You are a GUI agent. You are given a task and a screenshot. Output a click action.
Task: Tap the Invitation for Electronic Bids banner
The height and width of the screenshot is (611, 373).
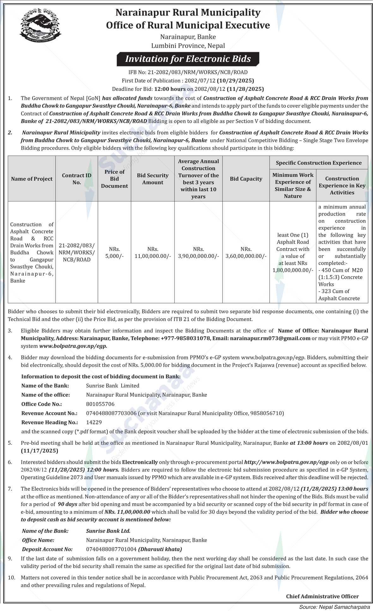click(x=188, y=59)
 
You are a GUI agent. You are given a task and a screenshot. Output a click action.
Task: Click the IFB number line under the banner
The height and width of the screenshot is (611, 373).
click(x=188, y=72)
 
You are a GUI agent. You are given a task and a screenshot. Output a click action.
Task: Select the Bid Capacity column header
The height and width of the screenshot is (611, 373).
click(x=246, y=179)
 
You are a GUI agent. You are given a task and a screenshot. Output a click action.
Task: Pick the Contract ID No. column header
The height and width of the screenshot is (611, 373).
click(x=77, y=179)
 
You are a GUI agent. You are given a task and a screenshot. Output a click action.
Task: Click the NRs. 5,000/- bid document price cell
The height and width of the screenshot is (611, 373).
click(x=114, y=253)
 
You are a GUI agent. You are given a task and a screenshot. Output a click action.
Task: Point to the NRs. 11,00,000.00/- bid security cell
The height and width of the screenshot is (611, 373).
click(x=153, y=253)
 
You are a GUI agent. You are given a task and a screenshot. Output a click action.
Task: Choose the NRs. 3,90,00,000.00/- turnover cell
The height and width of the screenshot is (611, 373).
click(x=198, y=253)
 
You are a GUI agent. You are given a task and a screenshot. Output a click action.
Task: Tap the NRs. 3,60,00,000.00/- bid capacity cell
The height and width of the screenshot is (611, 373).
click(x=246, y=253)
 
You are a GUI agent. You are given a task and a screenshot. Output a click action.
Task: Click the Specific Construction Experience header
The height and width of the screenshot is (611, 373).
click(x=318, y=163)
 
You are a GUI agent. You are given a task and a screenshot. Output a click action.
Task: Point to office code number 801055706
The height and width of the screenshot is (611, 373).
click(x=100, y=404)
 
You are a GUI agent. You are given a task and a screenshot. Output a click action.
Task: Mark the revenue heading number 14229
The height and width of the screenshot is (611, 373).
click(x=94, y=422)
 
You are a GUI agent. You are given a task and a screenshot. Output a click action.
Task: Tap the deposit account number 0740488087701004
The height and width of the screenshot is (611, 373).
click(x=111, y=549)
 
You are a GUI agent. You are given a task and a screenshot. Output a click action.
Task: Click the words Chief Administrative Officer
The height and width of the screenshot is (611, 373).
click(x=322, y=596)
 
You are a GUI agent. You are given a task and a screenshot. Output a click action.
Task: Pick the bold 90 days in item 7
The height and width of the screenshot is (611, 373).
click(x=68, y=504)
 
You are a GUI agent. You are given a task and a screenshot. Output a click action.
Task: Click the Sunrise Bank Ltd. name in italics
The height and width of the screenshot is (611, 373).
click(x=108, y=531)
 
